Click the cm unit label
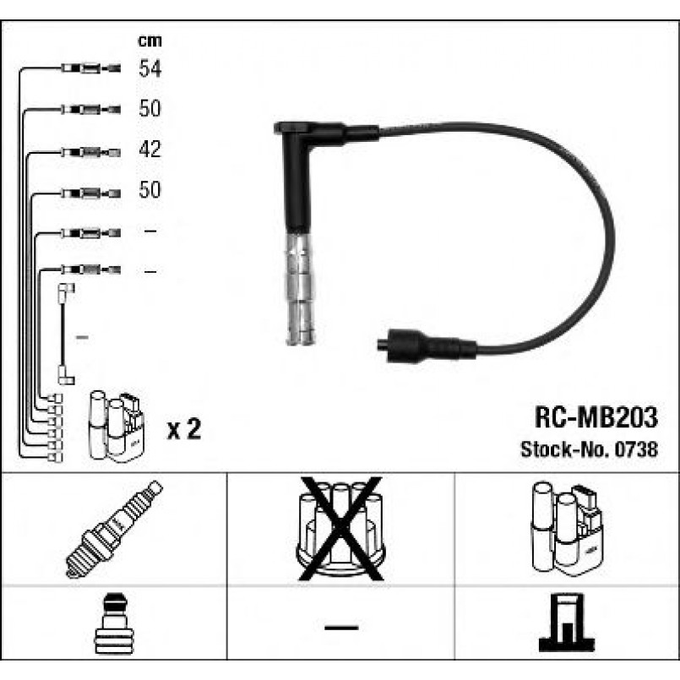click(150, 41)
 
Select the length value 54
click(150, 68)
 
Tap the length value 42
click(150, 150)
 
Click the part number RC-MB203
click(596, 417)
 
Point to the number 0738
click(637, 449)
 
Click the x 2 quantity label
click(184, 429)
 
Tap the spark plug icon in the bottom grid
click(114, 530)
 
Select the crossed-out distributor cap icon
click(341, 529)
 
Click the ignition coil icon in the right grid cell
click(567, 528)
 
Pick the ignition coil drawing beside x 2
click(117, 426)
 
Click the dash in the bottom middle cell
click(341, 627)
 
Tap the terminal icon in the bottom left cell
click(114, 623)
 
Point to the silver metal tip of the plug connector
click(299, 288)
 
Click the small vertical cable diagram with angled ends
click(66, 334)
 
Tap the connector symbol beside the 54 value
click(90, 68)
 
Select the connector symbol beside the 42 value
click(90, 152)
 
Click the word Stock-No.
click(565, 449)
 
